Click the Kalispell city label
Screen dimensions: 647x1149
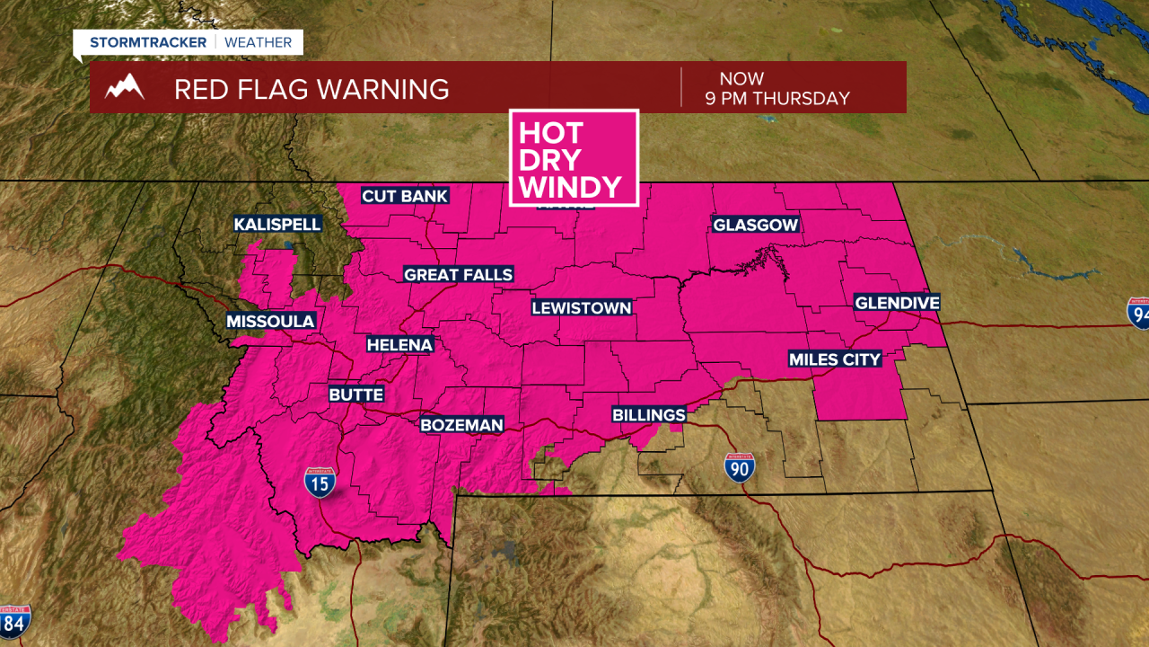pos(277,224)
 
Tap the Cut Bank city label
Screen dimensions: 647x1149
pos(404,196)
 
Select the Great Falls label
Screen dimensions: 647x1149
pos(458,274)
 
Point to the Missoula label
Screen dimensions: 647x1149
pos(270,321)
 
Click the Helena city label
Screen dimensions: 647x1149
pos(399,344)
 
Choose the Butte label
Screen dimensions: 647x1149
pos(356,394)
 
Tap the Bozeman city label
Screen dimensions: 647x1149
pos(462,424)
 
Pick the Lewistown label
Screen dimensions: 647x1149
pos(582,307)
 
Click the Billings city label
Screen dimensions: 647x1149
pos(648,414)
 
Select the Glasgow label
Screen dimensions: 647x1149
pos(755,225)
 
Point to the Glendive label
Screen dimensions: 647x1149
pos(897,303)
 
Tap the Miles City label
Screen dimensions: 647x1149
pos(835,359)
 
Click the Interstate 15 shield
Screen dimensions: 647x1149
pos(320,483)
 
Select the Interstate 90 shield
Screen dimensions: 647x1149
pos(740,467)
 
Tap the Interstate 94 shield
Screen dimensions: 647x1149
pos(1139,312)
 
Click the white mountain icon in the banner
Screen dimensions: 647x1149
pos(125,88)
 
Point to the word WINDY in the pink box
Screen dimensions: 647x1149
pos(571,187)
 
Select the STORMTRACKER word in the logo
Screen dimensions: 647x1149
pos(148,42)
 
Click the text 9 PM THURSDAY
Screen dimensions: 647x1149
pos(777,99)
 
